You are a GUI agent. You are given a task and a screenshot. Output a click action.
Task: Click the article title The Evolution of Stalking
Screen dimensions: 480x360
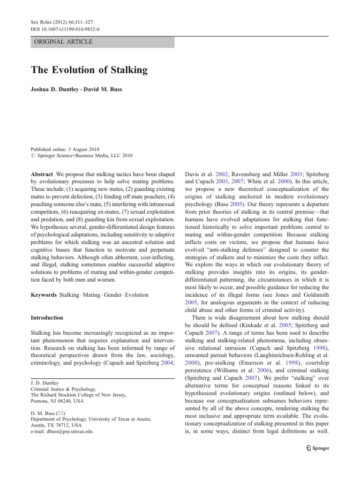89,70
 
